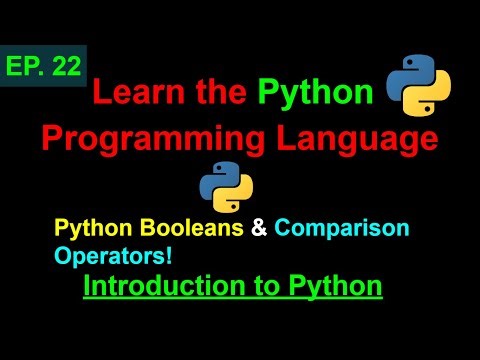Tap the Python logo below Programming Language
click(226, 186)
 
